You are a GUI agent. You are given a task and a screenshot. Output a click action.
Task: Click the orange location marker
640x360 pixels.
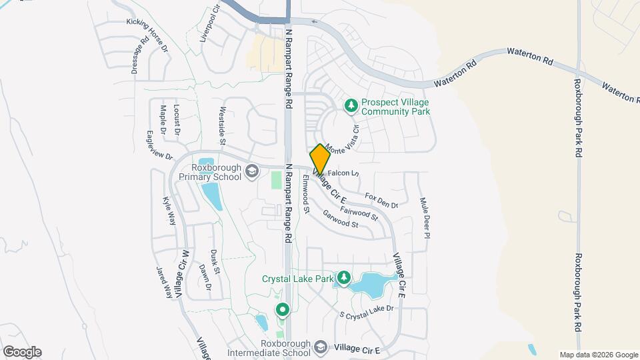[x=320, y=159]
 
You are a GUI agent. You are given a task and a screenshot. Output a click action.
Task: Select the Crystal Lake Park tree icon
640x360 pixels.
[x=344, y=277]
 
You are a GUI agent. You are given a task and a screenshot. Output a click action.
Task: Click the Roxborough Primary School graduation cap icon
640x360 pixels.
[x=252, y=172]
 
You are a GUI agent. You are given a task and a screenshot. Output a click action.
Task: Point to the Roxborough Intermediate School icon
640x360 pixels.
[x=321, y=348]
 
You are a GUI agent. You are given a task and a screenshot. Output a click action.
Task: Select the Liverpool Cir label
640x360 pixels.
[x=209, y=25]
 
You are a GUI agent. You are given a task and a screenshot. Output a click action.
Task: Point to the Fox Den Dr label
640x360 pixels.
[x=382, y=200]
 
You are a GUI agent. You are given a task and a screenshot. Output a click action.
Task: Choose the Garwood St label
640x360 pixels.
[x=341, y=220]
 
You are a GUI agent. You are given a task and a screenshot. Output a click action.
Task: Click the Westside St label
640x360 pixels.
[x=223, y=127]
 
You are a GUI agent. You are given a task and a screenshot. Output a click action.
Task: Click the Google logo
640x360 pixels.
[x=22, y=351]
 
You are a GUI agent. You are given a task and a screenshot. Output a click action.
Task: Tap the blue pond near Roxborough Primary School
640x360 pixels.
[x=212, y=195]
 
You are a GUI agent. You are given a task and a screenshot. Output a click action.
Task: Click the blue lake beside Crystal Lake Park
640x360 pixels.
[x=367, y=284]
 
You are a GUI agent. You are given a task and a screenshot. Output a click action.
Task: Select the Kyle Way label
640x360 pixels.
[x=168, y=210]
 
